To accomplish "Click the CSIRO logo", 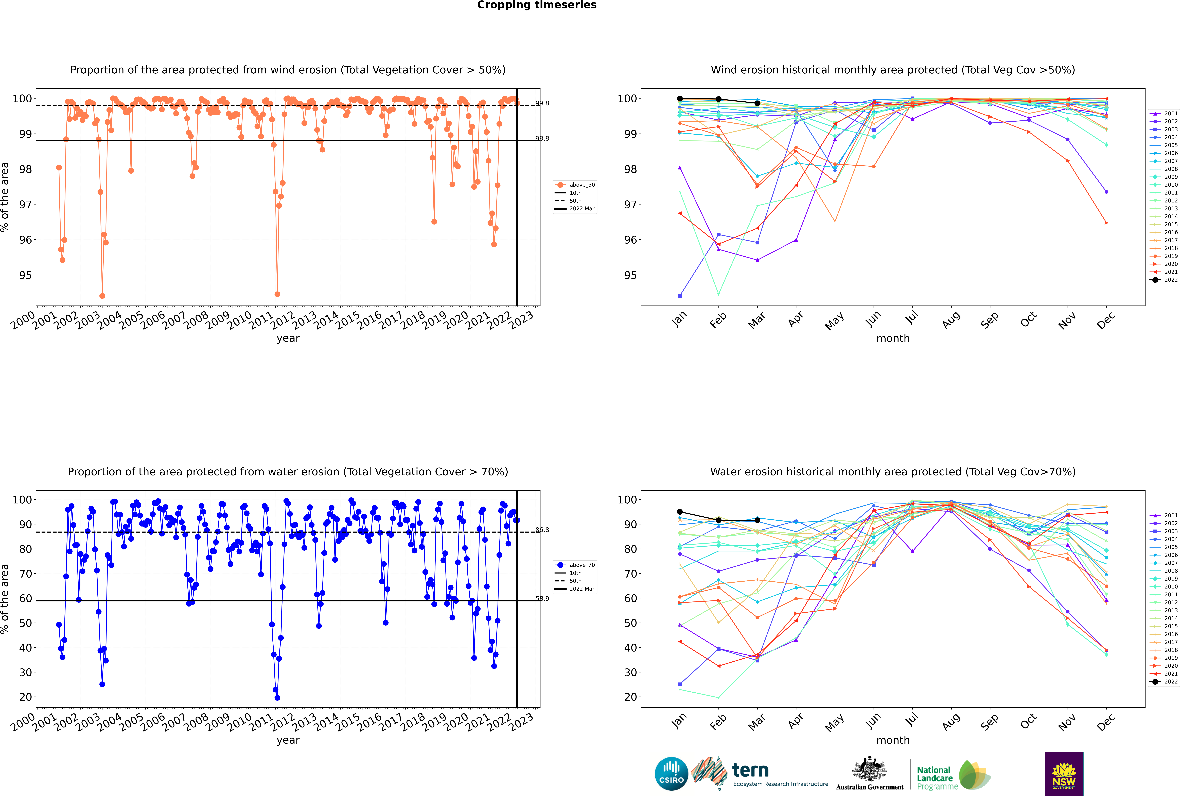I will click(x=671, y=774).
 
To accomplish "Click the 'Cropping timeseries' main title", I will click(x=537, y=5).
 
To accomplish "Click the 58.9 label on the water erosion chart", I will click(x=542, y=599).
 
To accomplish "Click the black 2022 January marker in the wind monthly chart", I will click(x=680, y=99).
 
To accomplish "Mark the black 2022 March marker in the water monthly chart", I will click(x=757, y=520).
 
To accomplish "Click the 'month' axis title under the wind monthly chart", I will click(x=893, y=339).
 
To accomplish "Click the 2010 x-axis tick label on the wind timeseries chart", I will click(x=239, y=320).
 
